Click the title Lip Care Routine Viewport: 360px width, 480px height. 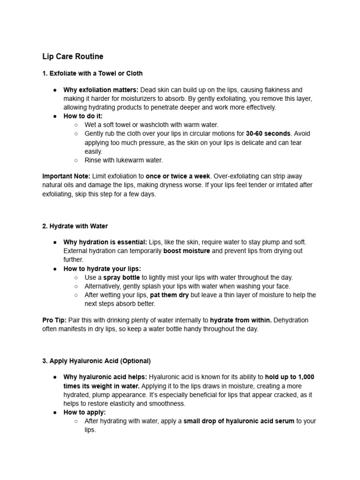[x=73, y=57]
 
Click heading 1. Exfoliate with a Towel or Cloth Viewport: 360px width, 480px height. [x=92, y=74]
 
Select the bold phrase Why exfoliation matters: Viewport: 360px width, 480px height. [x=101, y=90]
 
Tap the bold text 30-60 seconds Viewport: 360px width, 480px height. [x=268, y=134]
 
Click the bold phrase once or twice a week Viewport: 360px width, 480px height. [x=178, y=176]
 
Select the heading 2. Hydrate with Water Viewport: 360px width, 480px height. [x=75, y=226]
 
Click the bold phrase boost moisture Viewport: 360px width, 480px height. [x=187, y=251]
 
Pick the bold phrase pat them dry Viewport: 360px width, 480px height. [x=169, y=295]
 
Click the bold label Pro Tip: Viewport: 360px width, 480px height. [x=54, y=320]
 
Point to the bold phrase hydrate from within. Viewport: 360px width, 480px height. [x=241, y=320]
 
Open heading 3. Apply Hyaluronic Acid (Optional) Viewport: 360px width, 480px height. [x=97, y=361]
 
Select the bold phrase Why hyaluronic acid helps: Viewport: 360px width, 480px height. [x=105, y=377]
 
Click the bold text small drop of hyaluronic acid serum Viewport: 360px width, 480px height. [x=239, y=421]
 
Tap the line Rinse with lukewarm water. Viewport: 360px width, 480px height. [x=124, y=160]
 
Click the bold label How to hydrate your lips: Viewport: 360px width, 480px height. [x=102, y=269]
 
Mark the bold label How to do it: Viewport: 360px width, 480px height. [x=83, y=116]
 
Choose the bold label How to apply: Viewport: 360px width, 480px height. [x=85, y=412]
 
